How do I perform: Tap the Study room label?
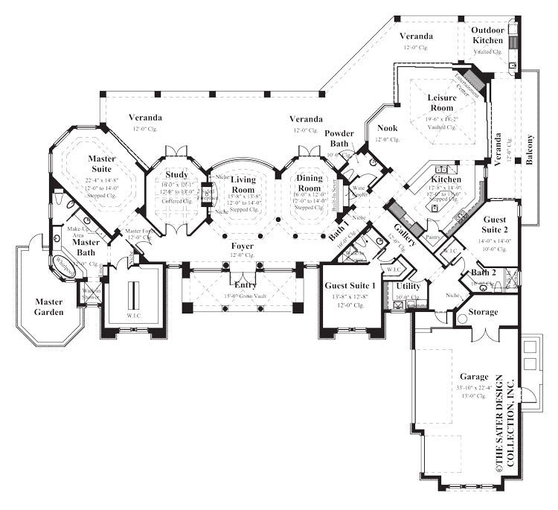[x=176, y=176]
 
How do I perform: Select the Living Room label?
[x=243, y=185]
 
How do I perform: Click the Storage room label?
[x=484, y=313]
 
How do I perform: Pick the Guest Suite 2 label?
[x=496, y=226]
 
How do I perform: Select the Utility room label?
[x=408, y=286]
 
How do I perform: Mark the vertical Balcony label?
[x=530, y=150]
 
